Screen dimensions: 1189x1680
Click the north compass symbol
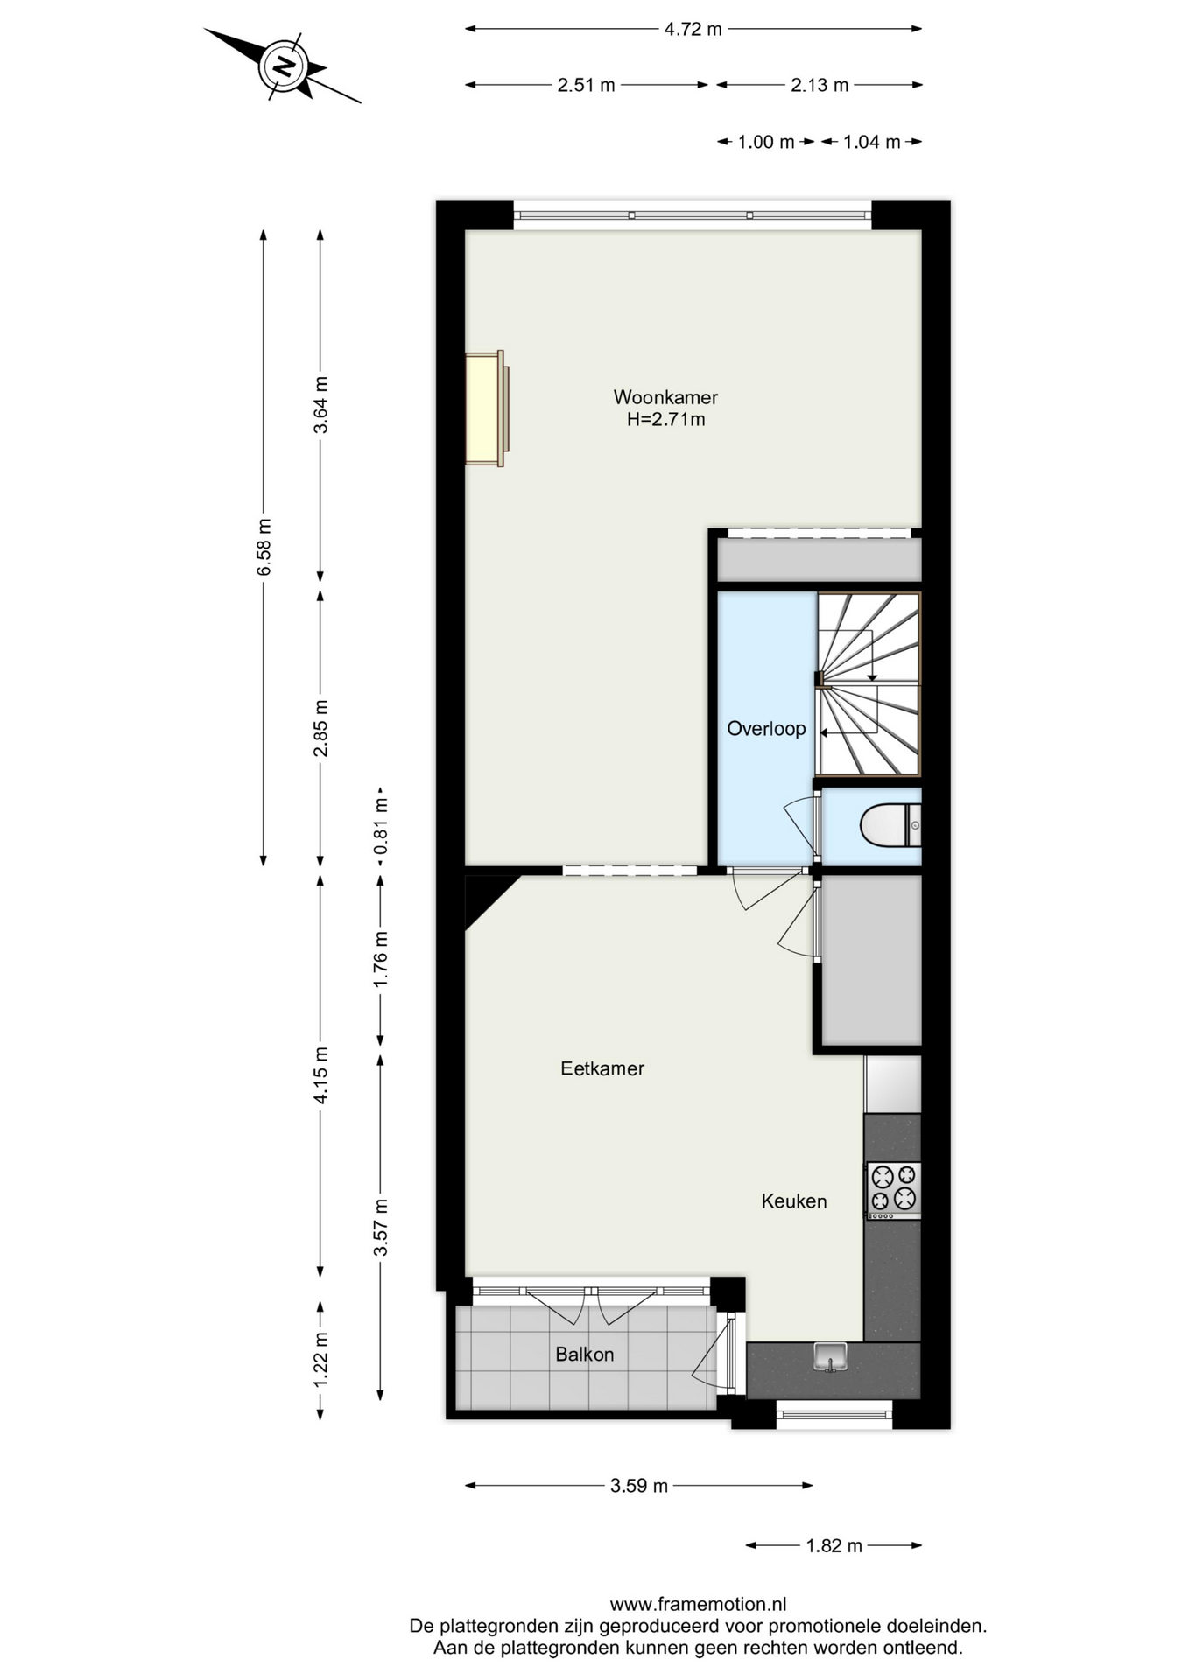click(x=283, y=66)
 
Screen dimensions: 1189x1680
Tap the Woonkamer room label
click(x=665, y=397)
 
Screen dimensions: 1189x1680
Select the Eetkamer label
click(x=602, y=1068)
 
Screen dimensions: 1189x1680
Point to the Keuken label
click(x=794, y=1201)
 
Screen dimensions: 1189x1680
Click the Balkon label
click(x=585, y=1354)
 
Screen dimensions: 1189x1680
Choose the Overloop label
click(x=766, y=729)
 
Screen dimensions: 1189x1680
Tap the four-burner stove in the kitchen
click(x=894, y=1190)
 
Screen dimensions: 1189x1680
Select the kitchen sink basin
click(x=830, y=1357)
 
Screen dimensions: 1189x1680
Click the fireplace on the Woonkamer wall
click(x=487, y=409)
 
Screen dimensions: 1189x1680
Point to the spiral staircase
click(x=869, y=684)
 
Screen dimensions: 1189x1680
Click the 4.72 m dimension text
click(x=693, y=29)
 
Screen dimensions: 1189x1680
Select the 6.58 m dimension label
click(x=264, y=547)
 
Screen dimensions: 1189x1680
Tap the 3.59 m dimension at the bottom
click(x=639, y=1486)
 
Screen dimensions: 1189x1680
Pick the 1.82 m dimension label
click(x=834, y=1546)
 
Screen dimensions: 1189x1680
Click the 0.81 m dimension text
click(x=381, y=826)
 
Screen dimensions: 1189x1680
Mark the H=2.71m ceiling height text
click(x=665, y=419)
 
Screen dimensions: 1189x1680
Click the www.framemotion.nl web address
click(x=698, y=1605)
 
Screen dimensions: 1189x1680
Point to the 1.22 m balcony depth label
click(x=321, y=1359)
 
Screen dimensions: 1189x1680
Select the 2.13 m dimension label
click(x=820, y=85)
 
